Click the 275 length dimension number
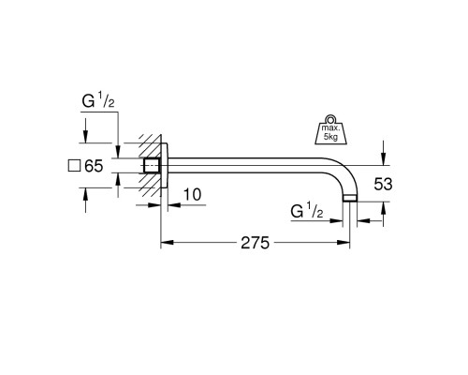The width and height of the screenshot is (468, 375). (255, 243)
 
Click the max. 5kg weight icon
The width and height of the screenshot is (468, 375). (331, 128)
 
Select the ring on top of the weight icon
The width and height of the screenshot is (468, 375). (331, 116)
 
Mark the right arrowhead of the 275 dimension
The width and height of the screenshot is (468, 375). (346, 243)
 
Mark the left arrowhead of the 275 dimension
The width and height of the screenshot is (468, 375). (167, 243)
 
